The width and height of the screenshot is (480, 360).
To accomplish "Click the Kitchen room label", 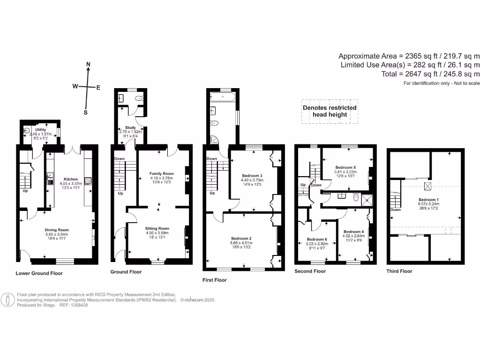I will tap(71, 179).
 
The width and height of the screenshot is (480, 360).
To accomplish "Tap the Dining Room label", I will tap(57, 230).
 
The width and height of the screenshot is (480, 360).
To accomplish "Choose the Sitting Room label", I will tap(157, 228).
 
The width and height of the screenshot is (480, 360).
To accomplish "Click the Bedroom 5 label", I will tap(345, 167).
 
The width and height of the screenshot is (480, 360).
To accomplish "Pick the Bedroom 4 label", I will tap(353, 232).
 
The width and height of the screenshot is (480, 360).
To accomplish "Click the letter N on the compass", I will tap(88, 64).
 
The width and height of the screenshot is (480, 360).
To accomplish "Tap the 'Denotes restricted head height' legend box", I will tap(330, 111).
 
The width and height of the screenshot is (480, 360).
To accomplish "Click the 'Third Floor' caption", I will tap(399, 271).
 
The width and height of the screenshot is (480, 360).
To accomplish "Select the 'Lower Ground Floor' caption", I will tap(39, 273).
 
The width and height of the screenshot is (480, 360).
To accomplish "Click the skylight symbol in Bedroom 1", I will tap(428, 186).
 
